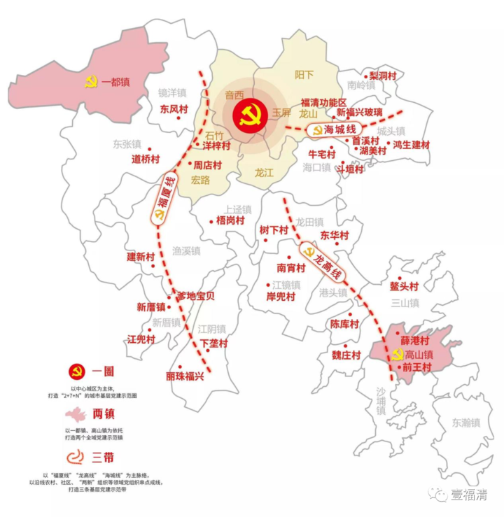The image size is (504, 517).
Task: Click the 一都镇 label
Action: [115, 82]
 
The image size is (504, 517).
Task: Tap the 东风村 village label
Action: [174, 109]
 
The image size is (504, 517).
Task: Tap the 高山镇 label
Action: [419, 354]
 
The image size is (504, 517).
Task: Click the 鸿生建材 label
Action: [411, 145]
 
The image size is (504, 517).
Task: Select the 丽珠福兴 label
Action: [185, 376]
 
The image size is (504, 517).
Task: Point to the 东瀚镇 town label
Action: [465, 423]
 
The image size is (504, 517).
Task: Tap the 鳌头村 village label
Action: [404, 286]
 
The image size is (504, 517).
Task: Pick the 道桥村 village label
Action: [146, 159]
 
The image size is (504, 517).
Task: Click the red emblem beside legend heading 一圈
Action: [77, 371]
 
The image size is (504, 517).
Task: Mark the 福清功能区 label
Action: [323, 102]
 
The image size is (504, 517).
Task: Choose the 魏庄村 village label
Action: [346, 355]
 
